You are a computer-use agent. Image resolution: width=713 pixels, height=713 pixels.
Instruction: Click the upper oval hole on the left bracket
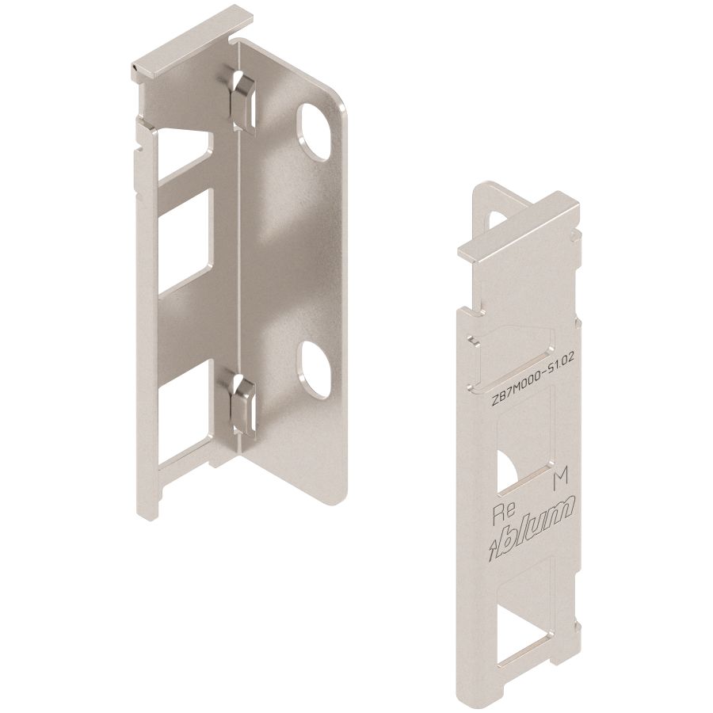click(313, 132)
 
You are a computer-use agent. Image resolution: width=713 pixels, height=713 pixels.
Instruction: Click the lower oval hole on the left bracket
click(313, 370)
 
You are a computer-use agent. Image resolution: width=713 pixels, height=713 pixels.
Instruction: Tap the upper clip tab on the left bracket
click(242, 102)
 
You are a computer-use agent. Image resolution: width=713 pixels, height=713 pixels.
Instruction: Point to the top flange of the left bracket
click(192, 44)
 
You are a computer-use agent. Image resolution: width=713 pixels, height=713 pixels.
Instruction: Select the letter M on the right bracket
click(561, 479)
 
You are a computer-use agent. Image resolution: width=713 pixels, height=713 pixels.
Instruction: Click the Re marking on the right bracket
click(505, 511)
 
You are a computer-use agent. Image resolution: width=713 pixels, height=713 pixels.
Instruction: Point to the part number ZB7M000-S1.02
click(533, 380)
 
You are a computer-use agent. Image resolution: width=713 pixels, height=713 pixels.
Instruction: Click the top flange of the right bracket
click(518, 227)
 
